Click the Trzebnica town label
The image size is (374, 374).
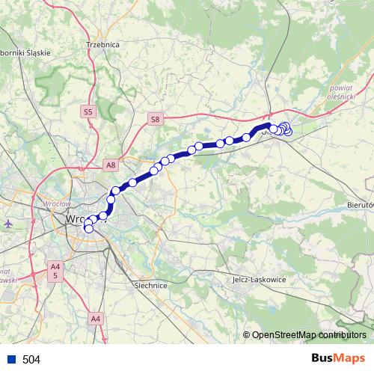pyautogui.click(x=103, y=45)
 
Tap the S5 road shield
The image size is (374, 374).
pyautogui.click(x=88, y=111)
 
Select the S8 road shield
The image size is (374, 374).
pyautogui.click(x=155, y=119)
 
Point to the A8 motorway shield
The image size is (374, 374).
pyautogui.click(x=111, y=165)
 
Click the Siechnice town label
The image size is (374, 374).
pyautogui.click(x=150, y=285)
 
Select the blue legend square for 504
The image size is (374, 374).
pyautogui.click(x=10, y=360)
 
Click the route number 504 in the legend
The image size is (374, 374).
pyautogui.click(x=31, y=360)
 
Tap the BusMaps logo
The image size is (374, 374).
pyautogui.click(x=338, y=359)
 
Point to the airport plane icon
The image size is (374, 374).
pyautogui.click(x=8, y=223)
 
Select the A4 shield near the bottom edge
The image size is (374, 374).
pyautogui.click(x=95, y=319)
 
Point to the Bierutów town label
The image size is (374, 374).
pyautogui.click(x=359, y=204)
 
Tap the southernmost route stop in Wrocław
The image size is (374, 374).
pyautogui.click(x=89, y=228)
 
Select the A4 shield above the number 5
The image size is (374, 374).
pyautogui.click(x=55, y=266)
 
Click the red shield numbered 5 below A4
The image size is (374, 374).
pyautogui.click(x=55, y=275)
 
